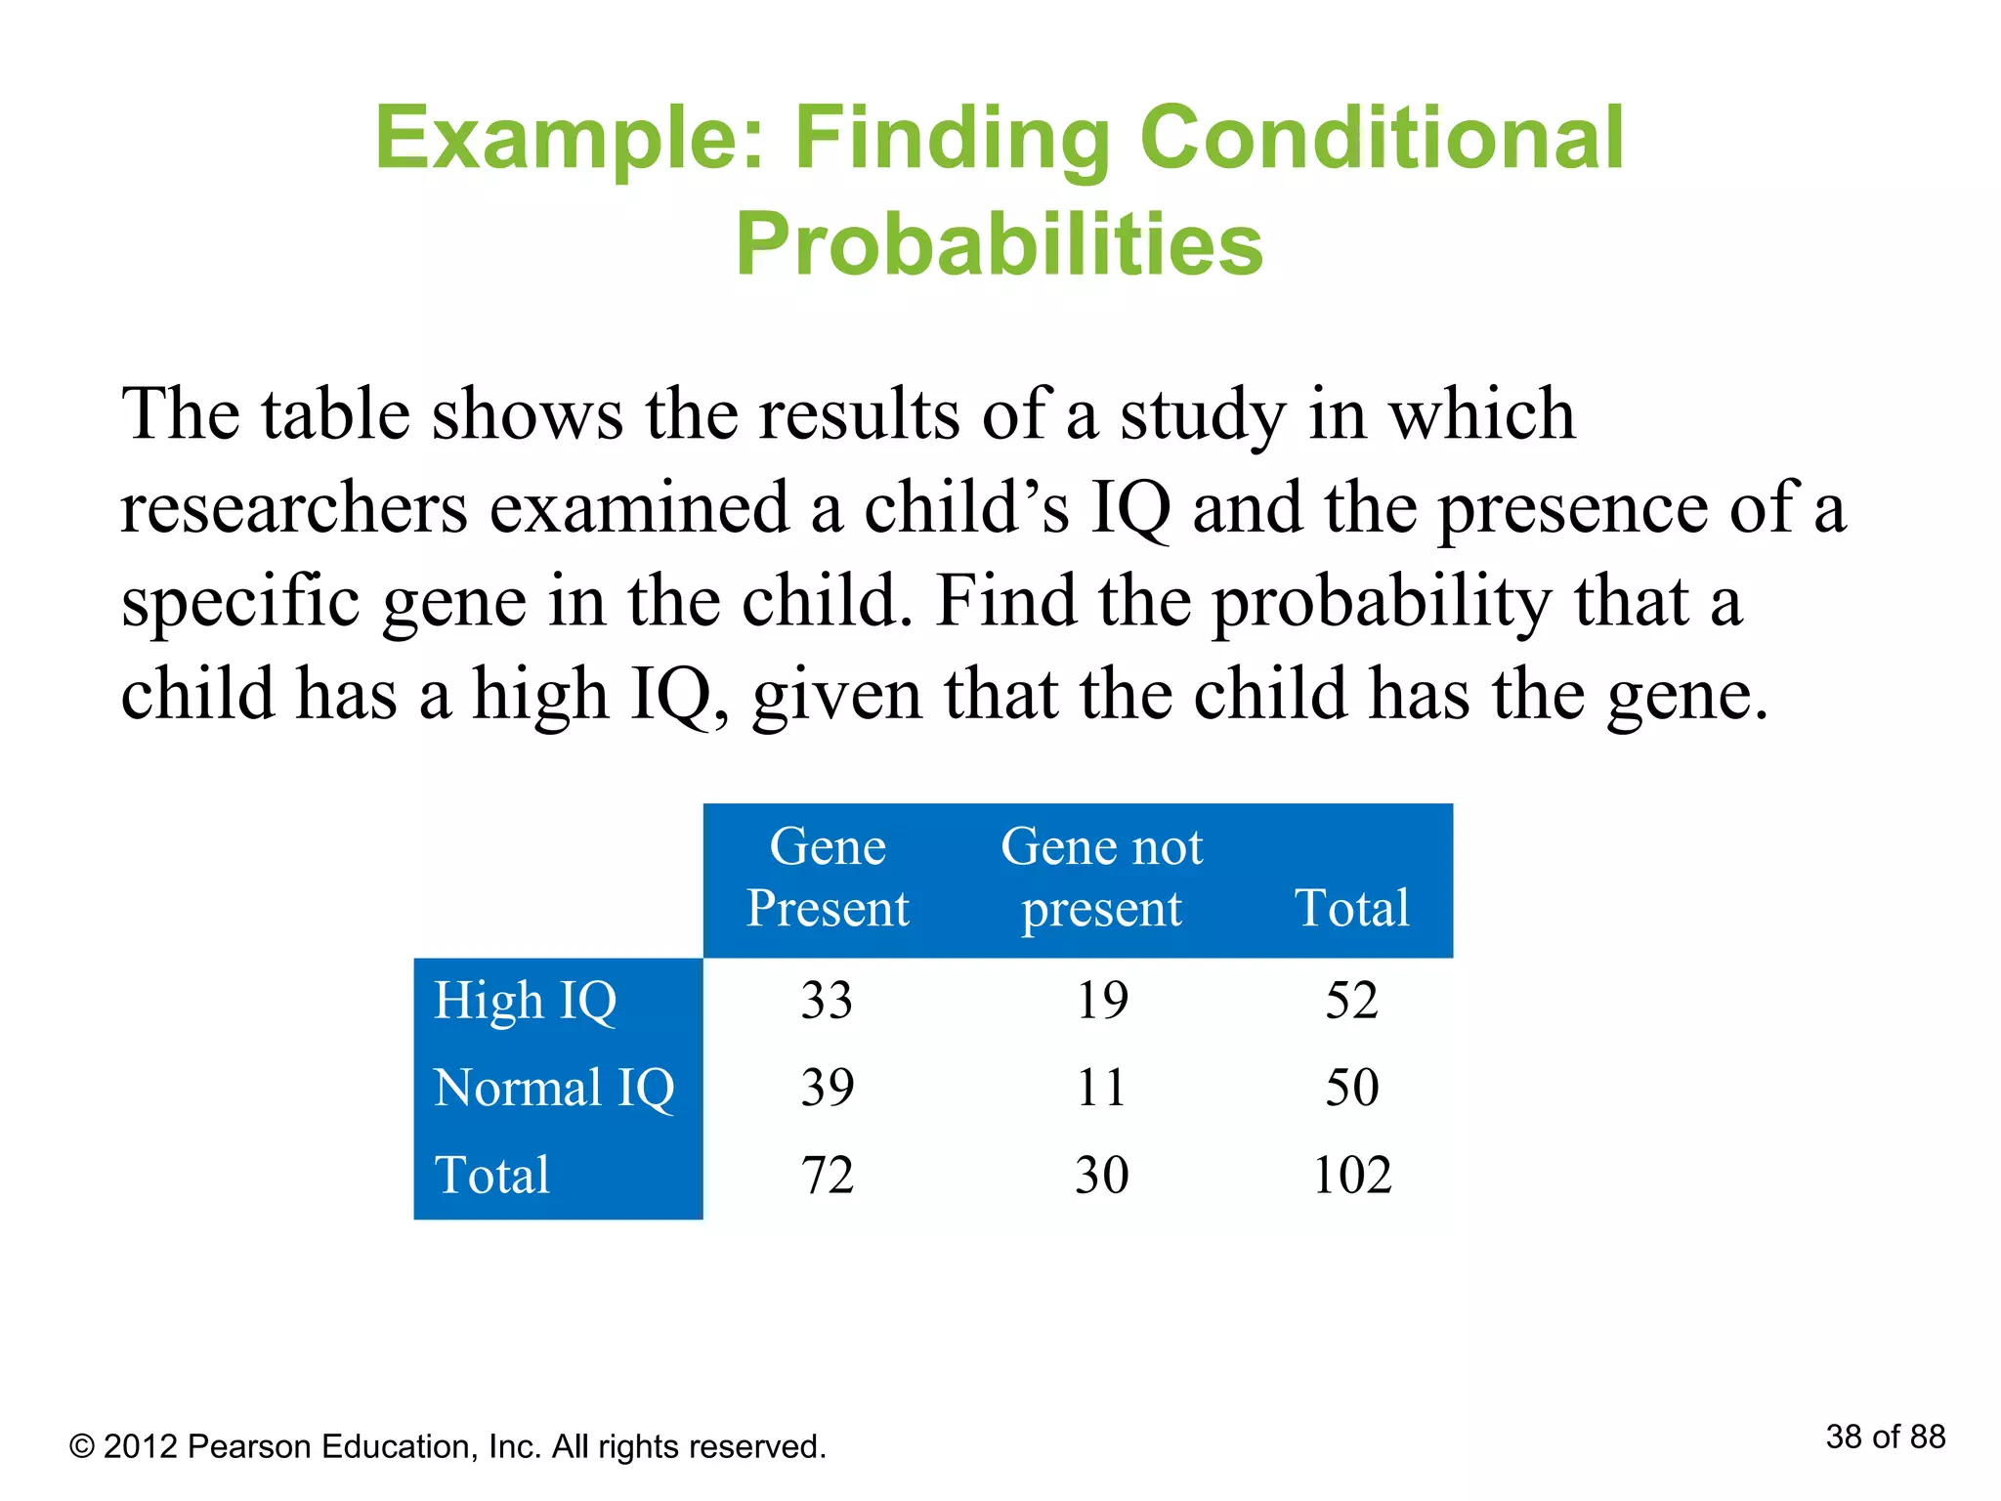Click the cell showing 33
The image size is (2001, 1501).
click(827, 1000)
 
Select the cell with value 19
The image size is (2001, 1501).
click(1102, 1000)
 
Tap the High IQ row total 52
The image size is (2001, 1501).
click(1351, 1000)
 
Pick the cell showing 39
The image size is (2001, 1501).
click(827, 1087)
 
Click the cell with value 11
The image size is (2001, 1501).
click(1102, 1087)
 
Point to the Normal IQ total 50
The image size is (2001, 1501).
click(1351, 1087)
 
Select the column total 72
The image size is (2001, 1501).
click(827, 1174)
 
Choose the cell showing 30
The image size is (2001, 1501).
click(1102, 1174)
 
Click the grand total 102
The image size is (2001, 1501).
click(1351, 1174)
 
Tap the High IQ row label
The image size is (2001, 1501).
click(526, 1001)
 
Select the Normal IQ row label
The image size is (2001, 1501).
click(554, 1088)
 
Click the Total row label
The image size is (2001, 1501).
click(492, 1175)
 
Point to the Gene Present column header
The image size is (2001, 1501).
click(828, 877)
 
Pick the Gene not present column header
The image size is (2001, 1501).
click(1102, 877)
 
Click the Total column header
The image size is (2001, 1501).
click(1352, 907)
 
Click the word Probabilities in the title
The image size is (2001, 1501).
click(1000, 244)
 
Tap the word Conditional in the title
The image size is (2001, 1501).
click(1382, 138)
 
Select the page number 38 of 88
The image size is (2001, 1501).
click(1885, 1437)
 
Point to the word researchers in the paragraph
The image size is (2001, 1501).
click(294, 508)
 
